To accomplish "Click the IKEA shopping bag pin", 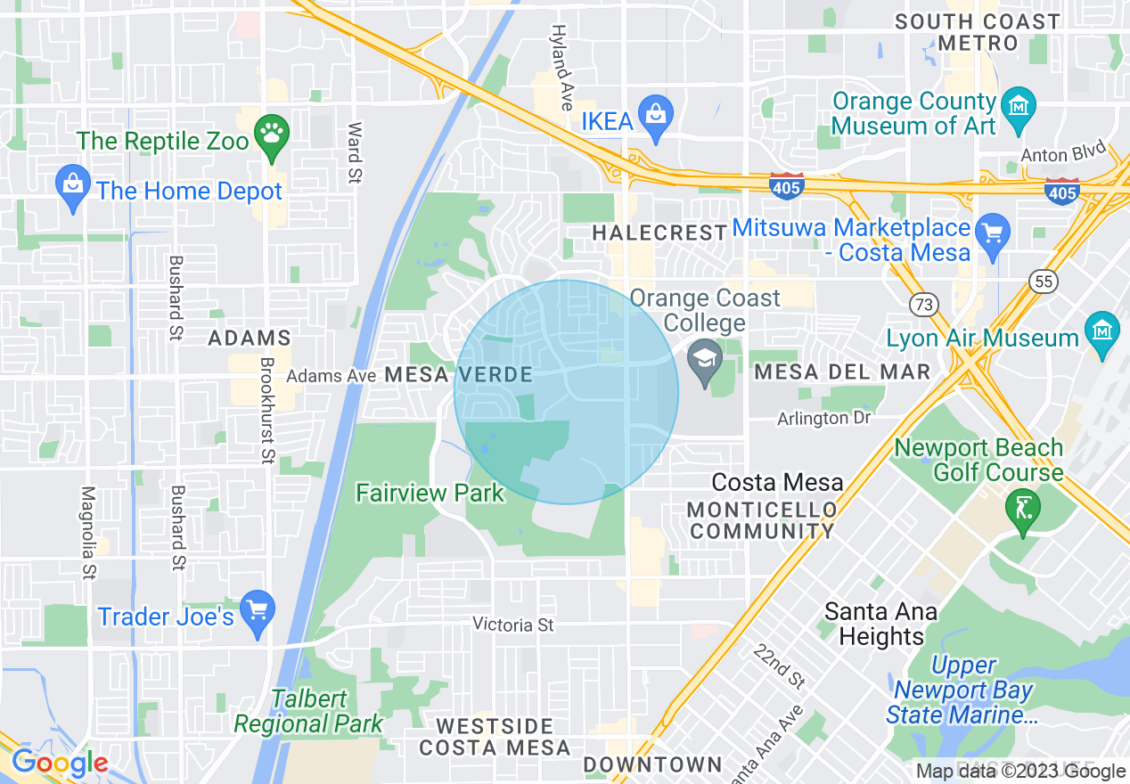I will click(656, 116).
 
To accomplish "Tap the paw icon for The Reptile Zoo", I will click(268, 135).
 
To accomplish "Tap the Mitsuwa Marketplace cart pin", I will click(992, 233).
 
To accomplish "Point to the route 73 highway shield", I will click(922, 305).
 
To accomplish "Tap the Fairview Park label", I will click(430, 493).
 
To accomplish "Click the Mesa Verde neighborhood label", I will click(458, 375).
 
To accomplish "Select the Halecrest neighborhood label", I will click(659, 233).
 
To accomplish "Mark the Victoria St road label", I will click(513, 625).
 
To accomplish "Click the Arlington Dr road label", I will click(823, 418).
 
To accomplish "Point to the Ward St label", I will click(354, 152).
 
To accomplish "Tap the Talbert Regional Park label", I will click(308, 711).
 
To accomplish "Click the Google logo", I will click(60, 764).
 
